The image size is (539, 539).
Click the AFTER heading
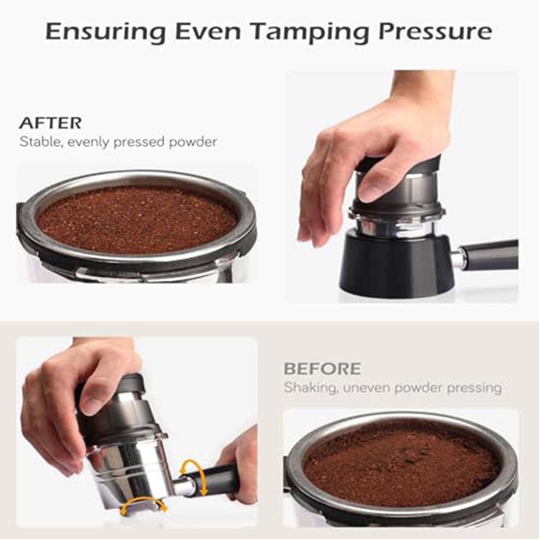(50, 123)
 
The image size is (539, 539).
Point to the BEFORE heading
(322, 369)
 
